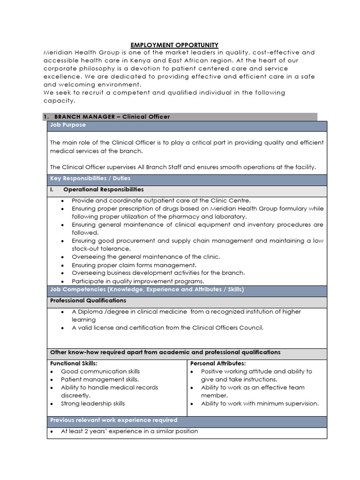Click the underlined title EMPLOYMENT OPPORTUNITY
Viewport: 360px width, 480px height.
(x=174, y=45)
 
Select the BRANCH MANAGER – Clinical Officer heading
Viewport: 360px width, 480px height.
(x=112, y=116)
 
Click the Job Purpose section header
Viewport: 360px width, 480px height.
(x=68, y=125)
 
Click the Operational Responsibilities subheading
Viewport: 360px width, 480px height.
(x=104, y=189)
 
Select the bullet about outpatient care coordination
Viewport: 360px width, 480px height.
(x=161, y=201)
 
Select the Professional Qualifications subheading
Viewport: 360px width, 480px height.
(x=88, y=300)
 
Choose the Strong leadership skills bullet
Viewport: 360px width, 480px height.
(x=93, y=404)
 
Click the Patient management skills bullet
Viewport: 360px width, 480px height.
(x=100, y=379)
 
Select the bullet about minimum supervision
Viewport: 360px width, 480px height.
(x=260, y=404)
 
